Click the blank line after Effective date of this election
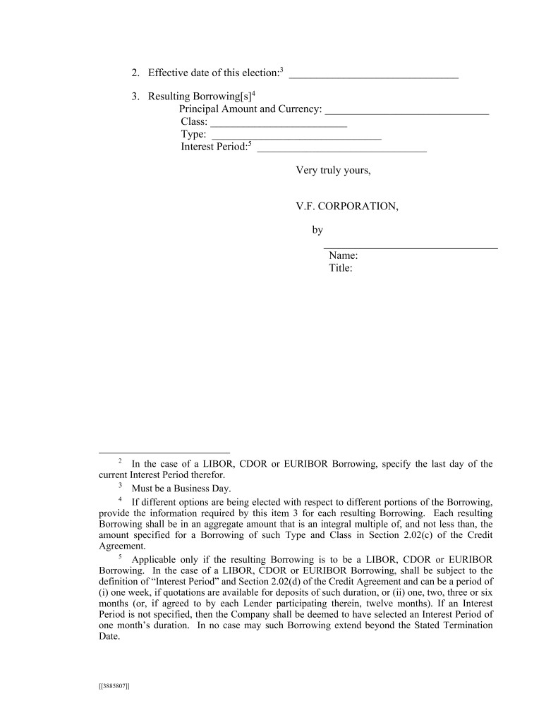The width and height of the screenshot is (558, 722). (x=373, y=75)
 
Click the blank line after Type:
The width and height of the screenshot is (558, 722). (x=296, y=137)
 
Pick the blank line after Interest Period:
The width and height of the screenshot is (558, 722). (x=341, y=150)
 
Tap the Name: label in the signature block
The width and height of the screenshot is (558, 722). (x=344, y=256)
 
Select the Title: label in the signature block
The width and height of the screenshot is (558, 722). (x=341, y=268)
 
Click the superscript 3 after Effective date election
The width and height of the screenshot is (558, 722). (x=281, y=69)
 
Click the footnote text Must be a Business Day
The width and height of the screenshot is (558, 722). (x=181, y=488)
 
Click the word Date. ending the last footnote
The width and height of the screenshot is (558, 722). (x=109, y=636)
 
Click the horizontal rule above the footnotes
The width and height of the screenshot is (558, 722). (x=164, y=452)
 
